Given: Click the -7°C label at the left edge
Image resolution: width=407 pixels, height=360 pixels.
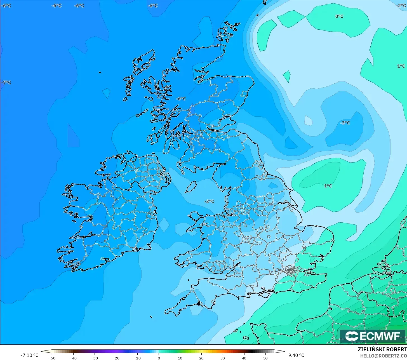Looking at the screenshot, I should [6, 83].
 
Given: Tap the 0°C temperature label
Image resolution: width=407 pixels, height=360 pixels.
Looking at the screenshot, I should [339, 17].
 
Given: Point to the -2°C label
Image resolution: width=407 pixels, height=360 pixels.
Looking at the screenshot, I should [401, 6].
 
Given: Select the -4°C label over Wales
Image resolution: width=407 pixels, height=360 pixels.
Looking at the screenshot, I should [203, 225].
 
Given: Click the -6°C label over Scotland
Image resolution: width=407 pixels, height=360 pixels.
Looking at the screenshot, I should [181, 99].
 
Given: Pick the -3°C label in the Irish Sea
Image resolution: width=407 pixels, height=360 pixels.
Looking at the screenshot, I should [209, 201].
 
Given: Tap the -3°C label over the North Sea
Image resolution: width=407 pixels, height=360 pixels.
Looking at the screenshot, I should [345, 123].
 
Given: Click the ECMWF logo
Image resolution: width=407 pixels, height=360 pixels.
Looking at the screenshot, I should [372, 336].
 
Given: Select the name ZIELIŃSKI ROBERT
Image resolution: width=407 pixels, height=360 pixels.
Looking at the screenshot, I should [382, 350].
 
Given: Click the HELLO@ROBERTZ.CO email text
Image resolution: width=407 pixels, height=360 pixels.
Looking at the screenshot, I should [383, 356].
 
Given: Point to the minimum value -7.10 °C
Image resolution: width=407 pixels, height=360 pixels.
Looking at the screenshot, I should [29, 355].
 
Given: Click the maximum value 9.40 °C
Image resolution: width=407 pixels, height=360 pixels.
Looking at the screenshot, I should [296, 355].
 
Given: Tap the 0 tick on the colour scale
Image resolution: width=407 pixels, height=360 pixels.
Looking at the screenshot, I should [159, 358].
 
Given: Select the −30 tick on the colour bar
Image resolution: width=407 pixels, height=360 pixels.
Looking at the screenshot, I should [95, 358].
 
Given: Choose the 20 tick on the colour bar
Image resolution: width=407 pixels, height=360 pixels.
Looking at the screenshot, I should [201, 358].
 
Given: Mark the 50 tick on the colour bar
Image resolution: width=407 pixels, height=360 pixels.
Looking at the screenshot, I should [265, 358].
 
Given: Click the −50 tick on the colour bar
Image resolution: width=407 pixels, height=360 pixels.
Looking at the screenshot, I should [52, 358].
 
